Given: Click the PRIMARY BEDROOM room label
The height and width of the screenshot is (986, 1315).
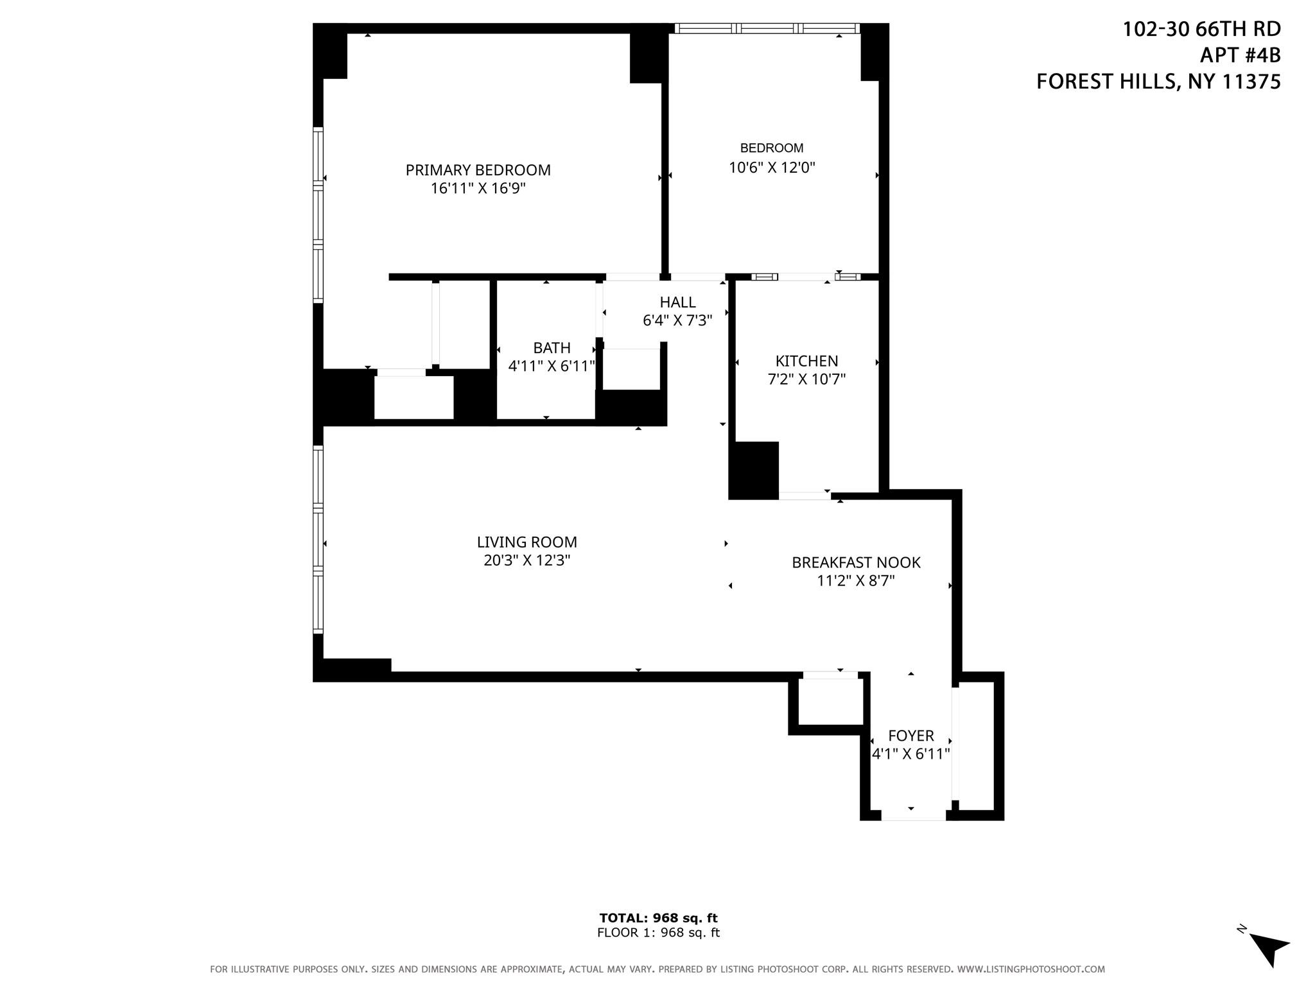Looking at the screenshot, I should pyautogui.click(x=478, y=170).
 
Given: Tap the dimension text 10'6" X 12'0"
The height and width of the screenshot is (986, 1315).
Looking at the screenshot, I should pyautogui.click(x=772, y=168).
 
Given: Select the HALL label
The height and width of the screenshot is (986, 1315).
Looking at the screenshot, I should pyautogui.click(x=677, y=302).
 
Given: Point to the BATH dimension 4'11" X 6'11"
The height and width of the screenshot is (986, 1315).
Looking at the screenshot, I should pyautogui.click(x=552, y=366).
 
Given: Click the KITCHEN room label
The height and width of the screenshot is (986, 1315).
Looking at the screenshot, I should pyautogui.click(x=806, y=361).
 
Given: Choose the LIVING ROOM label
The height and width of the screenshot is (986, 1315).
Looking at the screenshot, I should pyautogui.click(x=527, y=542).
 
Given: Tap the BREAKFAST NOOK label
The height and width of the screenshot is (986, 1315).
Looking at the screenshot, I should pyautogui.click(x=856, y=562).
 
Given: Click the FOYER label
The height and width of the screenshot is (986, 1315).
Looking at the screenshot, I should pyautogui.click(x=910, y=736).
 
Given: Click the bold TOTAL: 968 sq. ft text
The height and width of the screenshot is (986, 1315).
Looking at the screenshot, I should pyautogui.click(x=658, y=918).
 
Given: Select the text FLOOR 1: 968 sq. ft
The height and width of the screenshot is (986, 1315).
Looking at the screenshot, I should pyautogui.click(x=658, y=933).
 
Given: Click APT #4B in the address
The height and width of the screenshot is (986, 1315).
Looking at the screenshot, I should pyautogui.click(x=1240, y=56).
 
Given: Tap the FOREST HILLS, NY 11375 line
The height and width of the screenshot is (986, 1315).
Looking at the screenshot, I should pyautogui.click(x=1158, y=82).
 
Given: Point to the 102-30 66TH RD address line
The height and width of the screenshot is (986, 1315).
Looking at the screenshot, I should pyautogui.click(x=1201, y=30).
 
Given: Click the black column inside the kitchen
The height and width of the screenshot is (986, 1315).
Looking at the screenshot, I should pyautogui.click(x=754, y=471).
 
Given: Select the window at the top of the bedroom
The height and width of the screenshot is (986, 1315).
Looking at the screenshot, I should pyautogui.click(x=767, y=28).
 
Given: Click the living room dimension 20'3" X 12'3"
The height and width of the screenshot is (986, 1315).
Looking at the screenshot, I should pyautogui.click(x=527, y=560).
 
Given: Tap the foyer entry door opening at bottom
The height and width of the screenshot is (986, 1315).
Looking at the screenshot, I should pyautogui.click(x=913, y=815).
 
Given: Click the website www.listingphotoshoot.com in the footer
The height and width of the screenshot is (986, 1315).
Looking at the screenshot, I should pyautogui.click(x=1031, y=969).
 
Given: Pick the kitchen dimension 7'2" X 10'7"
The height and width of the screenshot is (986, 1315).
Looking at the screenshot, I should pyautogui.click(x=806, y=379).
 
